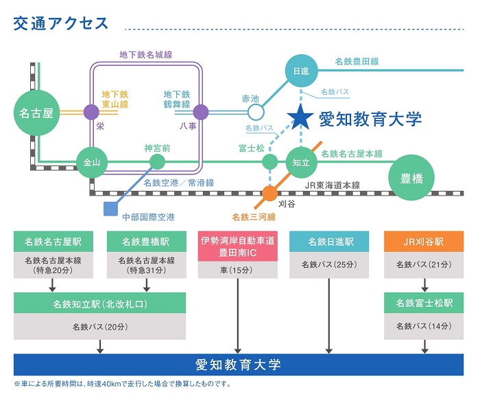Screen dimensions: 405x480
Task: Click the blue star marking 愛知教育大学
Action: tap(300, 118)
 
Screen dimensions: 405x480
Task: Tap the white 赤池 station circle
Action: tap(255, 111)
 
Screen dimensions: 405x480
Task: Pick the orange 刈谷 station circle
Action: tap(270, 192)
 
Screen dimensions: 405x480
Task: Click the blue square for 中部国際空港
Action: tap(108, 207)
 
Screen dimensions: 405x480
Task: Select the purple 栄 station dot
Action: tap(91, 111)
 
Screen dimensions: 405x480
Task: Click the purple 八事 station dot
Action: tap(201, 111)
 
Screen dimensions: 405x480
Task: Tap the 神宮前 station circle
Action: tap(157, 162)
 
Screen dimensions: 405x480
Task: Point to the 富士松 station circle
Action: tap(270, 162)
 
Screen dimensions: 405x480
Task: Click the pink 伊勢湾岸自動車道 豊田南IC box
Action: tap(237, 246)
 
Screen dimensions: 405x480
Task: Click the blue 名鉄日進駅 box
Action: tap(330, 242)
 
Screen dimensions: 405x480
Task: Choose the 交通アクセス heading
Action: tap(61, 23)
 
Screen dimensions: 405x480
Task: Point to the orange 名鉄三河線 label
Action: tap(253, 217)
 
